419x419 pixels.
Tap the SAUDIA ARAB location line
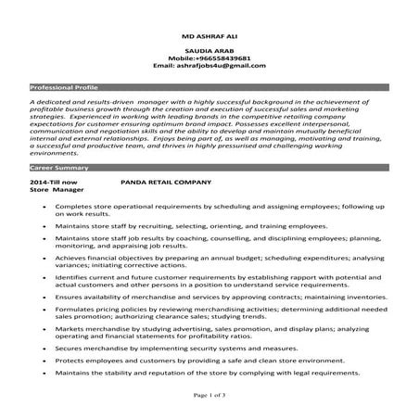(209, 53)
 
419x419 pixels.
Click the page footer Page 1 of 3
(209, 394)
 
